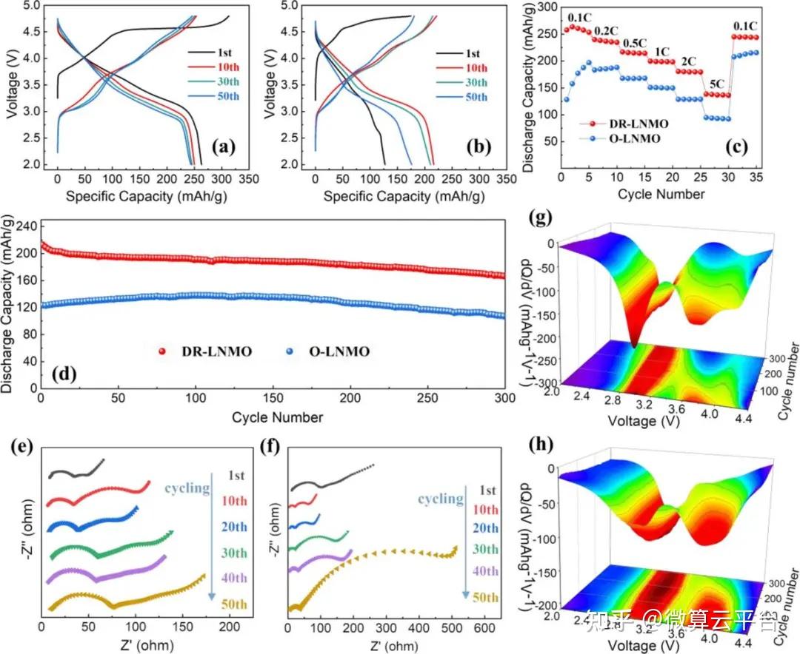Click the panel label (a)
coord(223,146)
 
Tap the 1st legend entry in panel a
coord(221,53)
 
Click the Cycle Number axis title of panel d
coord(277,417)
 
